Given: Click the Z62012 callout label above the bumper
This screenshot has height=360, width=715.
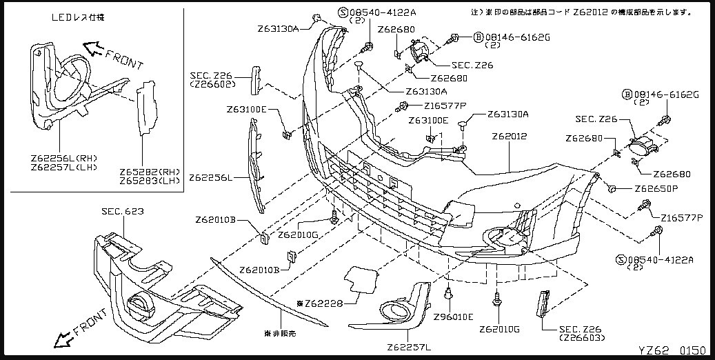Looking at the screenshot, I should pos(510,137).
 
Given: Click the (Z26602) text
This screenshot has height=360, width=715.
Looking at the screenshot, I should pos(213,84).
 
